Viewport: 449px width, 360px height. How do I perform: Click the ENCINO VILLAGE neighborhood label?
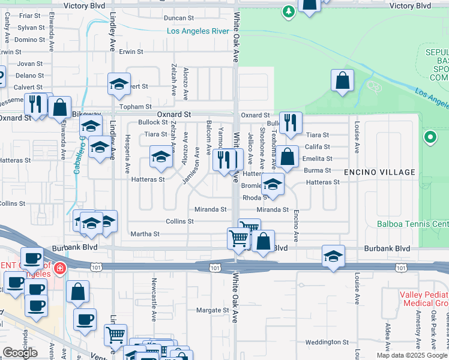pyautogui.click(x=379, y=172)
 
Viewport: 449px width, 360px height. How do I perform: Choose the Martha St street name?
pyautogui.click(x=145, y=234)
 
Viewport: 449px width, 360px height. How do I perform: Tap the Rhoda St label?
pyautogui.click(x=255, y=197)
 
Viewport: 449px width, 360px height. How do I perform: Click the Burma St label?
pyautogui.click(x=318, y=170)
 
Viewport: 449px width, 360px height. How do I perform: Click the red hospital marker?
pyautogui.click(x=59, y=268)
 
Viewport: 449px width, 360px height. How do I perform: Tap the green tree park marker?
pyautogui.click(x=289, y=11)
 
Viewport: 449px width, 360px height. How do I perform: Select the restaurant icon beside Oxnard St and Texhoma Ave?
pyautogui.click(x=291, y=122)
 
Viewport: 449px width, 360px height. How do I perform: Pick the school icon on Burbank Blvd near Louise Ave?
pyautogui.click(x=333, y=256)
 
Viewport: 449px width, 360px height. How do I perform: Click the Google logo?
pyautogui.click(x=20, y=353)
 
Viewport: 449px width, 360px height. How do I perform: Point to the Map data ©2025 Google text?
pyautogui.click(x=412, y=355)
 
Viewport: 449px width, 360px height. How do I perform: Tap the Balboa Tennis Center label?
pyautogui.click(x=413, y=224)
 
